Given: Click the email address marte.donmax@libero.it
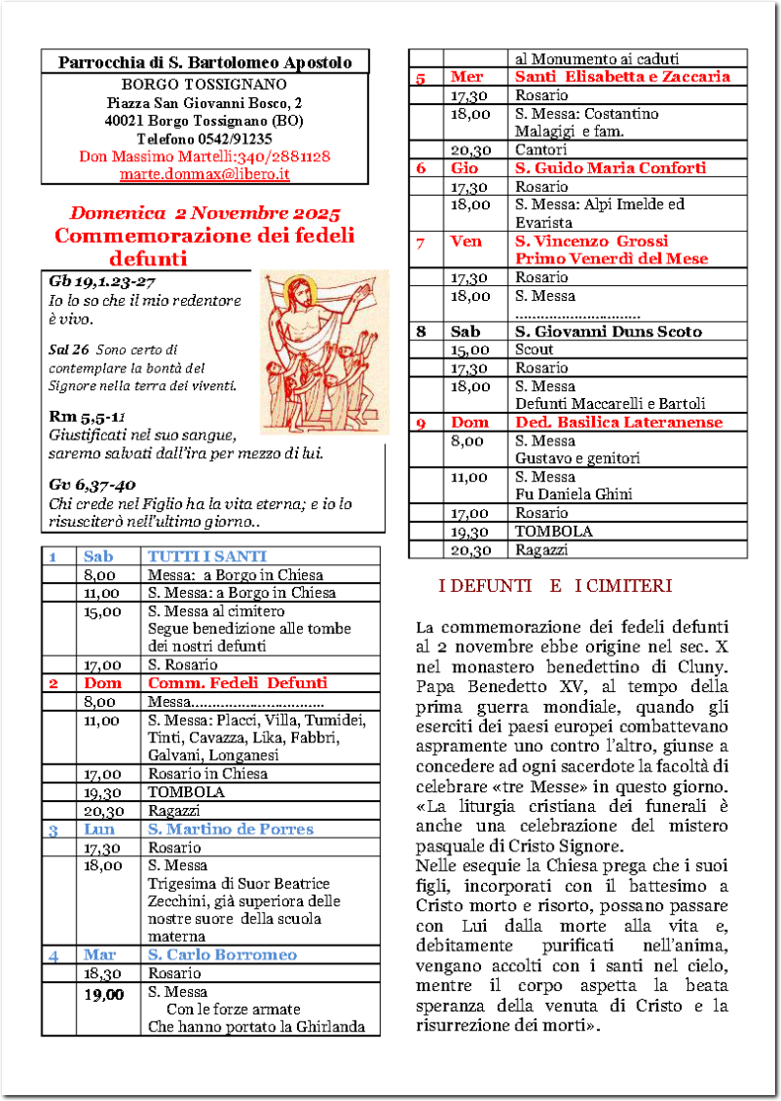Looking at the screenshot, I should [205, 174].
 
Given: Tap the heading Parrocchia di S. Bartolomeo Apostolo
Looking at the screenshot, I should [205, 63].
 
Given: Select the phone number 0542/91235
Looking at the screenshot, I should [240, 139].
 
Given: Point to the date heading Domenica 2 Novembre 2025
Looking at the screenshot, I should [205, 213].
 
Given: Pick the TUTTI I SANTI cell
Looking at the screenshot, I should [208, 556].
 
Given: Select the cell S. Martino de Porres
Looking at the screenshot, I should [230, 829].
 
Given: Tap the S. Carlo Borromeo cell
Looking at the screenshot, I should [221, 955].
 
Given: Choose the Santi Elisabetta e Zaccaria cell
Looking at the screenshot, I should [623, 77].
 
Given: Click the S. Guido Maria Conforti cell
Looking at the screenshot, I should [610, 168].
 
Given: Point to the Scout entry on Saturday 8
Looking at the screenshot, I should [534, 350].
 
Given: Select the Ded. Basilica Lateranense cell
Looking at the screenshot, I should [619, 423].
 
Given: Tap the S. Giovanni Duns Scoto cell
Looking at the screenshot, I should [608, 331].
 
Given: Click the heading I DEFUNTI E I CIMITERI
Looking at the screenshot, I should [555, 586].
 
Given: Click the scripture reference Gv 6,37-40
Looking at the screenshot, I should [93, 485].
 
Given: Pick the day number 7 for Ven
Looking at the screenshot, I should [421, 242].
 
